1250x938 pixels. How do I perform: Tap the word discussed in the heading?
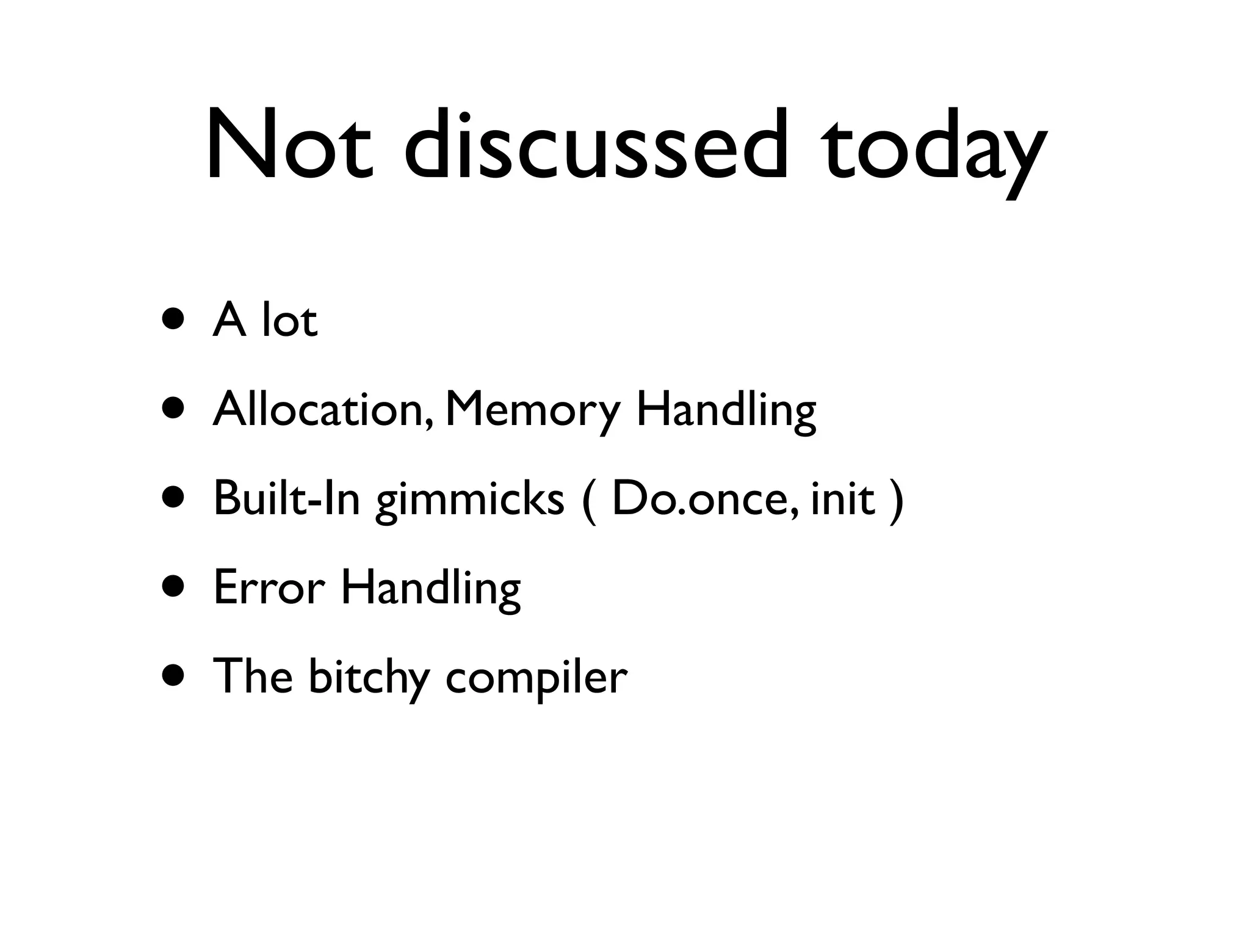[595, 145]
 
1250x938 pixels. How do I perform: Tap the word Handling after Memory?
[726, 410]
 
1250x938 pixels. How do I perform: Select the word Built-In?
[287, 498]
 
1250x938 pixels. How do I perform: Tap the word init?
[843, 498]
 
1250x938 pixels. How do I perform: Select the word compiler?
[536, 678]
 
